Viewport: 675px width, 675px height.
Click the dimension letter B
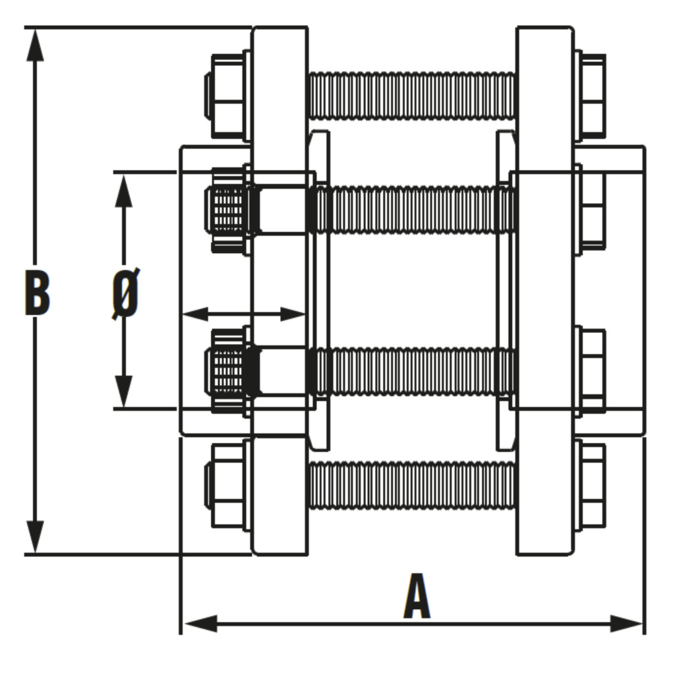coord(37,292)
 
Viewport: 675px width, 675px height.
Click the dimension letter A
coord(417,596)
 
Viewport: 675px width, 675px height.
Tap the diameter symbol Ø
coord(125,293)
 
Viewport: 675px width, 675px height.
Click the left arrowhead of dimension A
coord(200,624)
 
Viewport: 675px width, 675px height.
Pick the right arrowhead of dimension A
coord(627,624)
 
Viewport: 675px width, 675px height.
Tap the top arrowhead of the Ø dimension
coord(124,191)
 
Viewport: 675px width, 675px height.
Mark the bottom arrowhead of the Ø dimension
coord(124,390)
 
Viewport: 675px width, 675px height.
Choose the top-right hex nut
coord(591,96)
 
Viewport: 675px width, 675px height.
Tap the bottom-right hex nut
coord(590,485)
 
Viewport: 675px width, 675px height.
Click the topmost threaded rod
coord(412,96)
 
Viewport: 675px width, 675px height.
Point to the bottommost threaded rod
coord(412,485)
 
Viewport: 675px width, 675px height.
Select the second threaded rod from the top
coord(412,210)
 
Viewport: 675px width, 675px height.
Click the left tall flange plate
coord(279,291)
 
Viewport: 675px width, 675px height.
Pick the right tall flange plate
coord(545,291)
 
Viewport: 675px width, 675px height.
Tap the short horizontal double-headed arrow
coord(244,314)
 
